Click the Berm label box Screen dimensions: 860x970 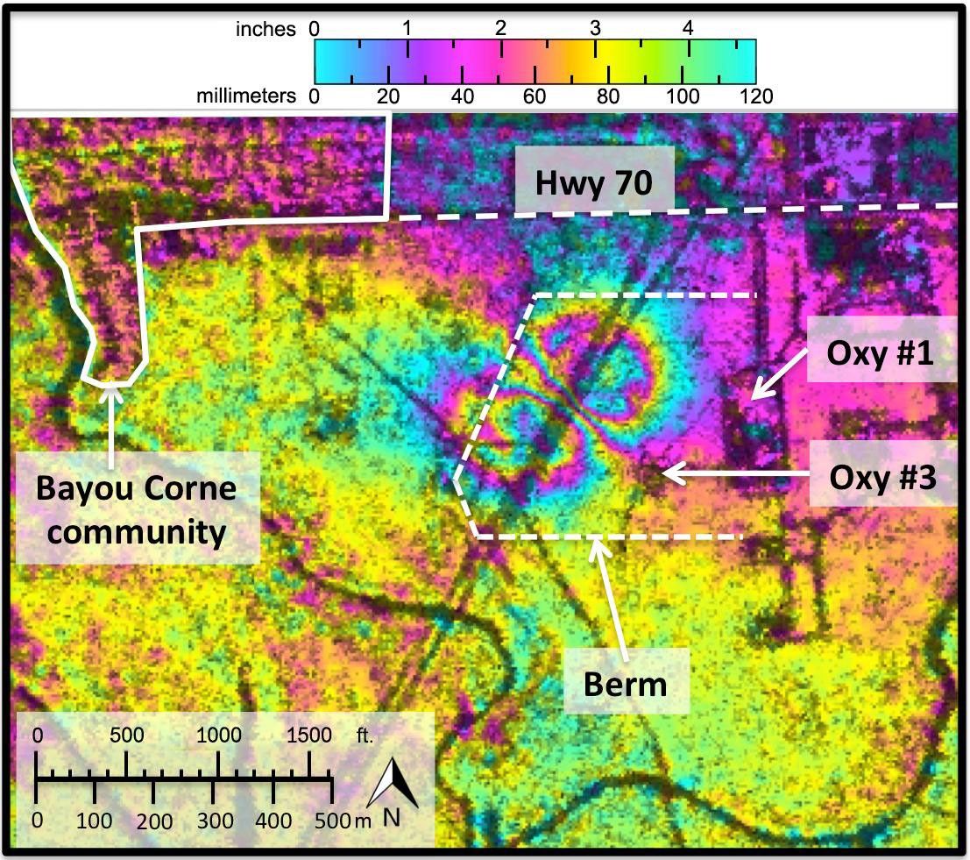627,683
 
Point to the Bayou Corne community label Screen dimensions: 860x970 136,509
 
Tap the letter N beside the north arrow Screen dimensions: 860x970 392,818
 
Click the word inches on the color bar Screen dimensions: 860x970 266,29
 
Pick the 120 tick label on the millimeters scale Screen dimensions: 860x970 754,96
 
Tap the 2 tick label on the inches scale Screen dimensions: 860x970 500,28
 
